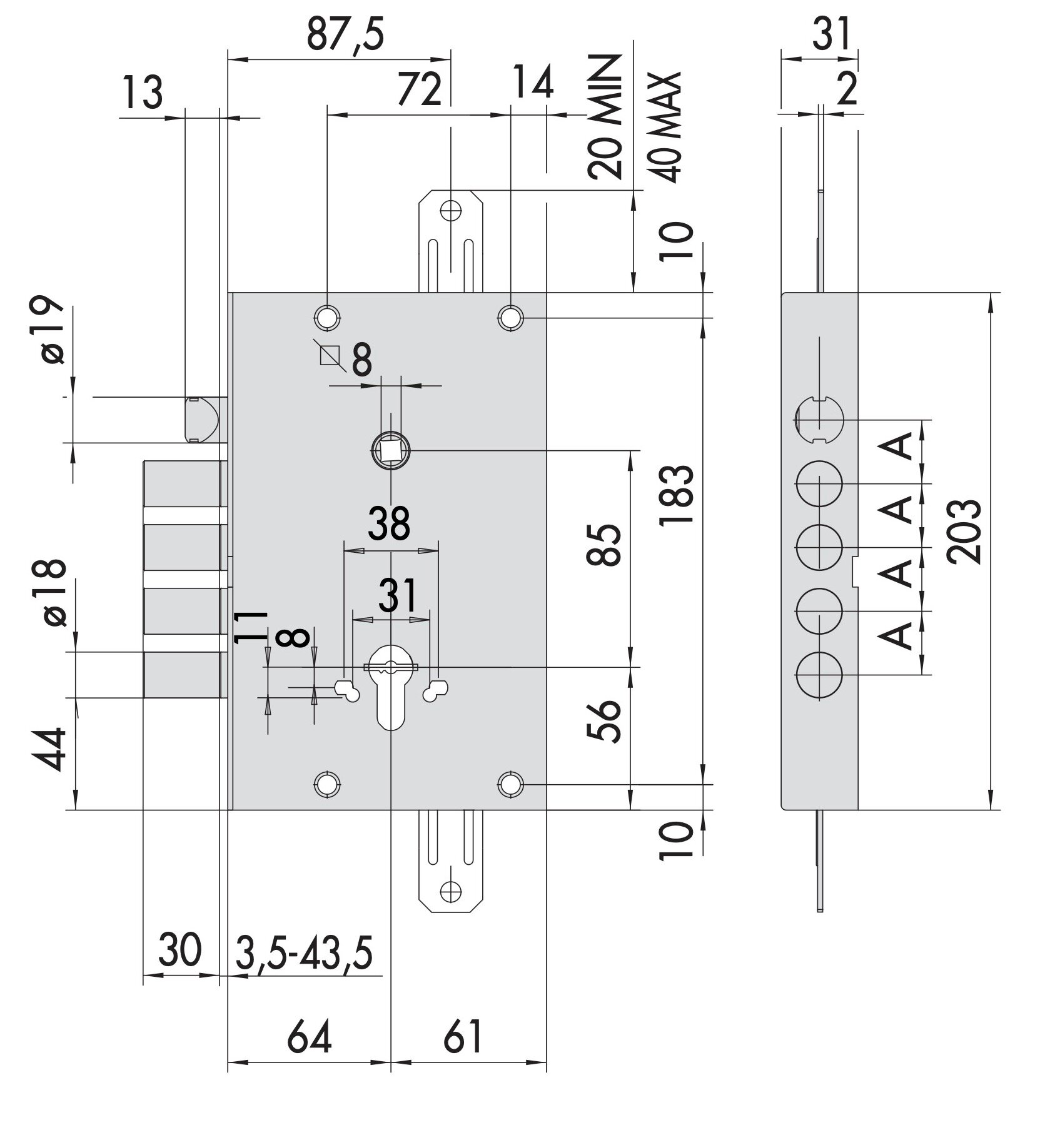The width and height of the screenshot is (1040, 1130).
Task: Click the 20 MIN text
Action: click(605, 117)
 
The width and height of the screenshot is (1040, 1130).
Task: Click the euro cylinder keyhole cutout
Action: click(390, 688)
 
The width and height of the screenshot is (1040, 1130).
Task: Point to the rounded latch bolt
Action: click(203, 419)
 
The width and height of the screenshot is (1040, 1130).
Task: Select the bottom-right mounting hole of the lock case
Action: click(511, 784)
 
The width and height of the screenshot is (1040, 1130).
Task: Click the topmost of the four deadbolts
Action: click(183, 484)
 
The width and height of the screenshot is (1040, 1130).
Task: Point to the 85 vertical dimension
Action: click(603, 544)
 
